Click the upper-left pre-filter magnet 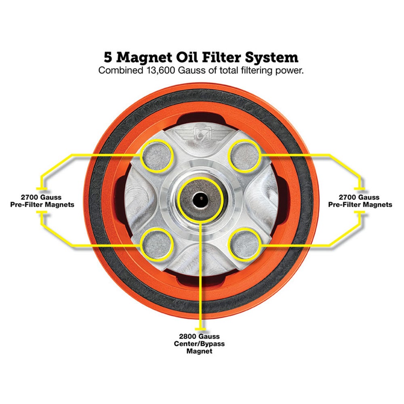(158, 157)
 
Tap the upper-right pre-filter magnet (245, 157)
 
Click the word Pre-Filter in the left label (27, 205)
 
